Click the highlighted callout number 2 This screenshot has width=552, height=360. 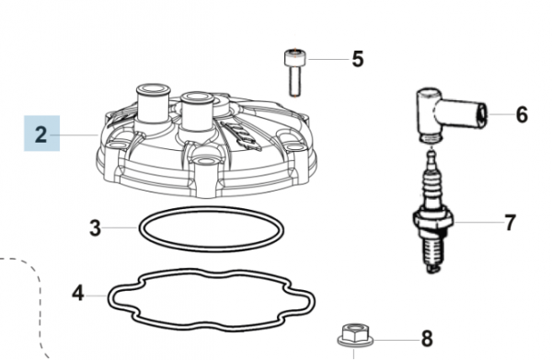[41, 134]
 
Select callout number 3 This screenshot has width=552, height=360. [95, 228]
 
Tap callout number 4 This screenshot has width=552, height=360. [78, 293]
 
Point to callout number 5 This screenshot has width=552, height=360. [358, 59]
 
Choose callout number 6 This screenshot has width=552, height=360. [522, 114]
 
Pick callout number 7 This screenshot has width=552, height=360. [510, 222]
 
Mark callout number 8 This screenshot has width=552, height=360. [427, 339]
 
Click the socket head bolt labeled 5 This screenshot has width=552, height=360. [295, 73]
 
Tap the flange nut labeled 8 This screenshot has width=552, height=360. [355, 335]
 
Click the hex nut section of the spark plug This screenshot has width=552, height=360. [432, 220]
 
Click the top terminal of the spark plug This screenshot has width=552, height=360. [431, 157]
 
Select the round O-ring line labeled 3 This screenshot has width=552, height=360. [212, 207]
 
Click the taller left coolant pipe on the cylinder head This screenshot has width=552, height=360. [153, 103]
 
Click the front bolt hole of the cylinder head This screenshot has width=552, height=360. [204, 161]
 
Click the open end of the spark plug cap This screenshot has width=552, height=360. [482, 114]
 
